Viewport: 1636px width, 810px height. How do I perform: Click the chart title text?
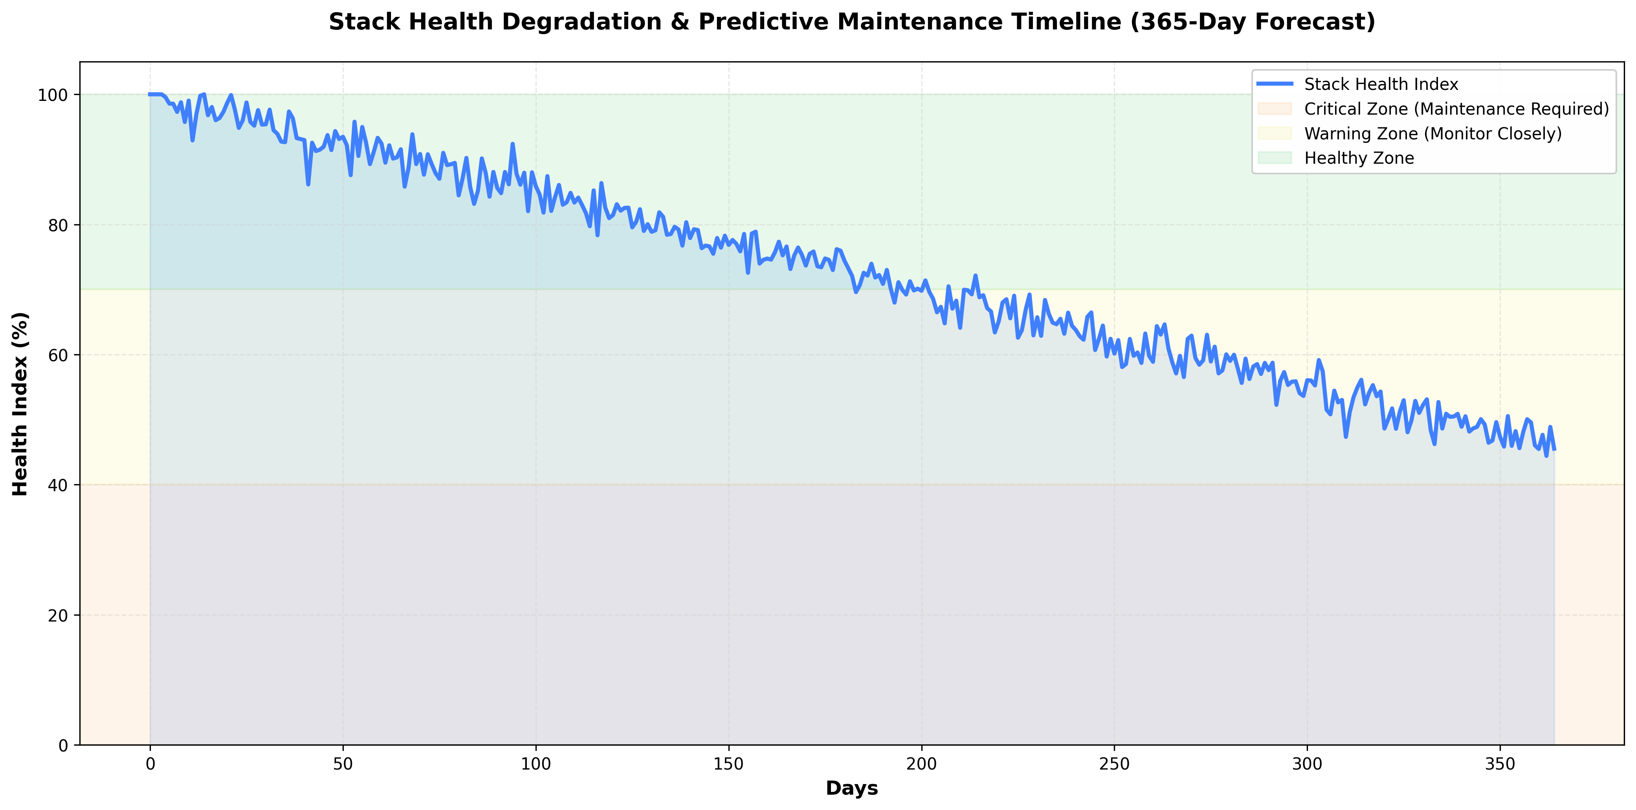pos(852,22)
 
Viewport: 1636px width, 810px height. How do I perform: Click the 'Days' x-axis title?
pos(852,788)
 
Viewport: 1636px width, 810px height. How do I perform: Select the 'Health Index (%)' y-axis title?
pos(20,404)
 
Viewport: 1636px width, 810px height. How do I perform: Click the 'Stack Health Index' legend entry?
pos(1381,84)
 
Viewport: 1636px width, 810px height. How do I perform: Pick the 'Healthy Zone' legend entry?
pos(1359,159)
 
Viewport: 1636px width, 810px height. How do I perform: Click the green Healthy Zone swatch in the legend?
pos(1275,159)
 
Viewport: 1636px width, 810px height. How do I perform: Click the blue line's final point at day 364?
pos(1554,450)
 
